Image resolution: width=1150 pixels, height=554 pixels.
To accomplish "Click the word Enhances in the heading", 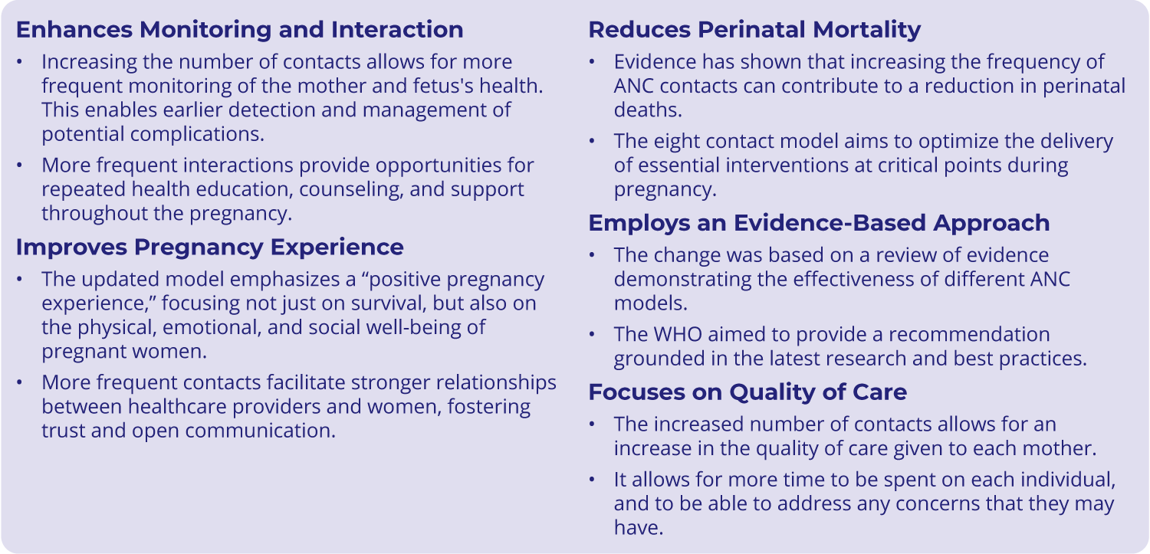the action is click(74, 30).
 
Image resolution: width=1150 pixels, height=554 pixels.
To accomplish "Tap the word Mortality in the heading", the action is click(867, 30).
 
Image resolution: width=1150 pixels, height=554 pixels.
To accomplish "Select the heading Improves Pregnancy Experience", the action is click(210, 247).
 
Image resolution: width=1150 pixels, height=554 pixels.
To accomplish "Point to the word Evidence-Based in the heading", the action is click(829, 223).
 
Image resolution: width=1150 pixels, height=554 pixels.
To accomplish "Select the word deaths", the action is click(648, 110).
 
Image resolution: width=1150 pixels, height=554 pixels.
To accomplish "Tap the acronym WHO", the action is click(678, 334).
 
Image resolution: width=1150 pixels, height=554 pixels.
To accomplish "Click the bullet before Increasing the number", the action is click(19, 62).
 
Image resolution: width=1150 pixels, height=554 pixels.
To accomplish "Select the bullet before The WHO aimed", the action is click(592, 334).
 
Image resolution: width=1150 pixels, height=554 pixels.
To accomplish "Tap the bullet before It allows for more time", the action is click(592, 480).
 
